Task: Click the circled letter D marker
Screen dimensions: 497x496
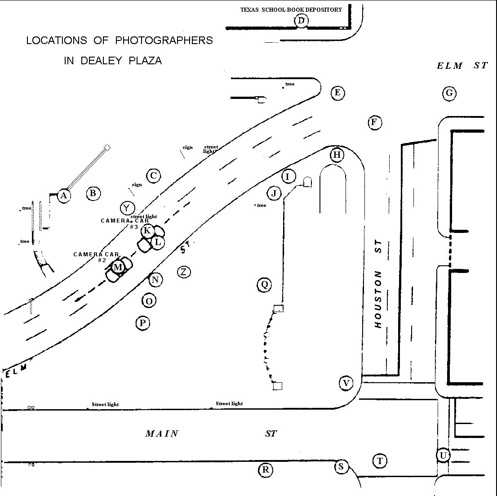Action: point(301,21)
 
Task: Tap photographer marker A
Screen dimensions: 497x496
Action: point(64,195)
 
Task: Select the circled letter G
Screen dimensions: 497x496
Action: point(449,93)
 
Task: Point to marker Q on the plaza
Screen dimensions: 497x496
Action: point(264,285)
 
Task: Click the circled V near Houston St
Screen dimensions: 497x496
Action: point(346,383)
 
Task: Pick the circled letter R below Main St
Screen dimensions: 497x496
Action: point(266,469)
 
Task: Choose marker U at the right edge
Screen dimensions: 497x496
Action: point(443,456)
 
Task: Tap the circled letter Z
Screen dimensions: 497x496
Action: point(184,272)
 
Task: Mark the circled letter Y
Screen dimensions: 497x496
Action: point(127,208)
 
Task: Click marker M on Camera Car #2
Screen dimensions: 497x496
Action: point(118,267)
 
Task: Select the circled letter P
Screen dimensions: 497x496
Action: point(142,323)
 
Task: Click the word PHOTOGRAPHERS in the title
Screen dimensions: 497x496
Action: point(164,40)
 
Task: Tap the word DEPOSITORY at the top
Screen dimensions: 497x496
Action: point(324,9)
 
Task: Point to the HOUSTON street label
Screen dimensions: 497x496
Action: point(377,299)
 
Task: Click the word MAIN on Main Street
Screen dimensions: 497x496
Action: point(162,433)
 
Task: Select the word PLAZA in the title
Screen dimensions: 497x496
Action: point(145,61)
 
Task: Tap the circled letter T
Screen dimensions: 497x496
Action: point(380,461)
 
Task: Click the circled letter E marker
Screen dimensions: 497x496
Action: point(337,93)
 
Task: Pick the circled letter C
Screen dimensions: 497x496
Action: point(153,175)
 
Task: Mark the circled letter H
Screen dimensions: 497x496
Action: point(337,155)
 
